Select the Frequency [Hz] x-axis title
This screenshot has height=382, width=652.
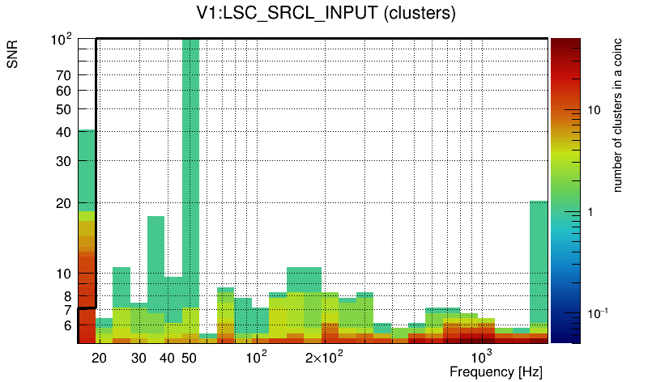496,371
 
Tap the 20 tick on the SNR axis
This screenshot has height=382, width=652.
63,203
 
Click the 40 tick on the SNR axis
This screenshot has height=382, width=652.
63,132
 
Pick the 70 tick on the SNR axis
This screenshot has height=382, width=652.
63,75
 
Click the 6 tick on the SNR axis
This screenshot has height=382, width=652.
66,325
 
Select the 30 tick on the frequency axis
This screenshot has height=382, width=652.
138,358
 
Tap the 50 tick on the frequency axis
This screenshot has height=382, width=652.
189,358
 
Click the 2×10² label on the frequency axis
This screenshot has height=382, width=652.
323,357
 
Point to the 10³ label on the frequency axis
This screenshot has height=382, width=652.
481,357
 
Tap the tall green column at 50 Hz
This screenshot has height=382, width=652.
190,162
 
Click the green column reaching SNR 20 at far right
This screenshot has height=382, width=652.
539,259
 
